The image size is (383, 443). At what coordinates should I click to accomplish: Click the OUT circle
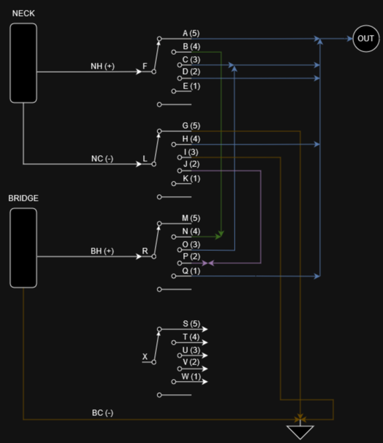365,38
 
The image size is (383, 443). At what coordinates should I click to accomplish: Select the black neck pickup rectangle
24,63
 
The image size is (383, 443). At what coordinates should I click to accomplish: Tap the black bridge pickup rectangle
24,248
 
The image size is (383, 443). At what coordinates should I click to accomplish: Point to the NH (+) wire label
103,66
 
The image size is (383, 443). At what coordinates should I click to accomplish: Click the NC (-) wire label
102,158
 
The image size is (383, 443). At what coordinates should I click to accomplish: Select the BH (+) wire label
102,251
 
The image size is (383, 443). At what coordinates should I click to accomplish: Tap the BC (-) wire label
102,413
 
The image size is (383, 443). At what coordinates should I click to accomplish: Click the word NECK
24,13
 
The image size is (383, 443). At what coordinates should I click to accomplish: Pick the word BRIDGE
23,198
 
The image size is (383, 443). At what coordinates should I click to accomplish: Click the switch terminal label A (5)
191,33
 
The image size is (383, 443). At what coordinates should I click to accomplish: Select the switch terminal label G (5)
191,125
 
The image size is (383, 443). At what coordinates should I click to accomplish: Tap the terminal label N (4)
191,231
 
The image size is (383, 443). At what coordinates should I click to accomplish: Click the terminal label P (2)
191,256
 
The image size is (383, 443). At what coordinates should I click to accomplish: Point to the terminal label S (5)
191,324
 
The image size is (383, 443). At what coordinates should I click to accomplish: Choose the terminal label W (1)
191,376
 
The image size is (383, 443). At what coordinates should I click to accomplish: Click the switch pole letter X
145,357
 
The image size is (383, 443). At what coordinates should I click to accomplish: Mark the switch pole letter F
145,67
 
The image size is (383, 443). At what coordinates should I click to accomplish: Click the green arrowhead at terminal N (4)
220,235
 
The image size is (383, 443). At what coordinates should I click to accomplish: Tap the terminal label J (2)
191,164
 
